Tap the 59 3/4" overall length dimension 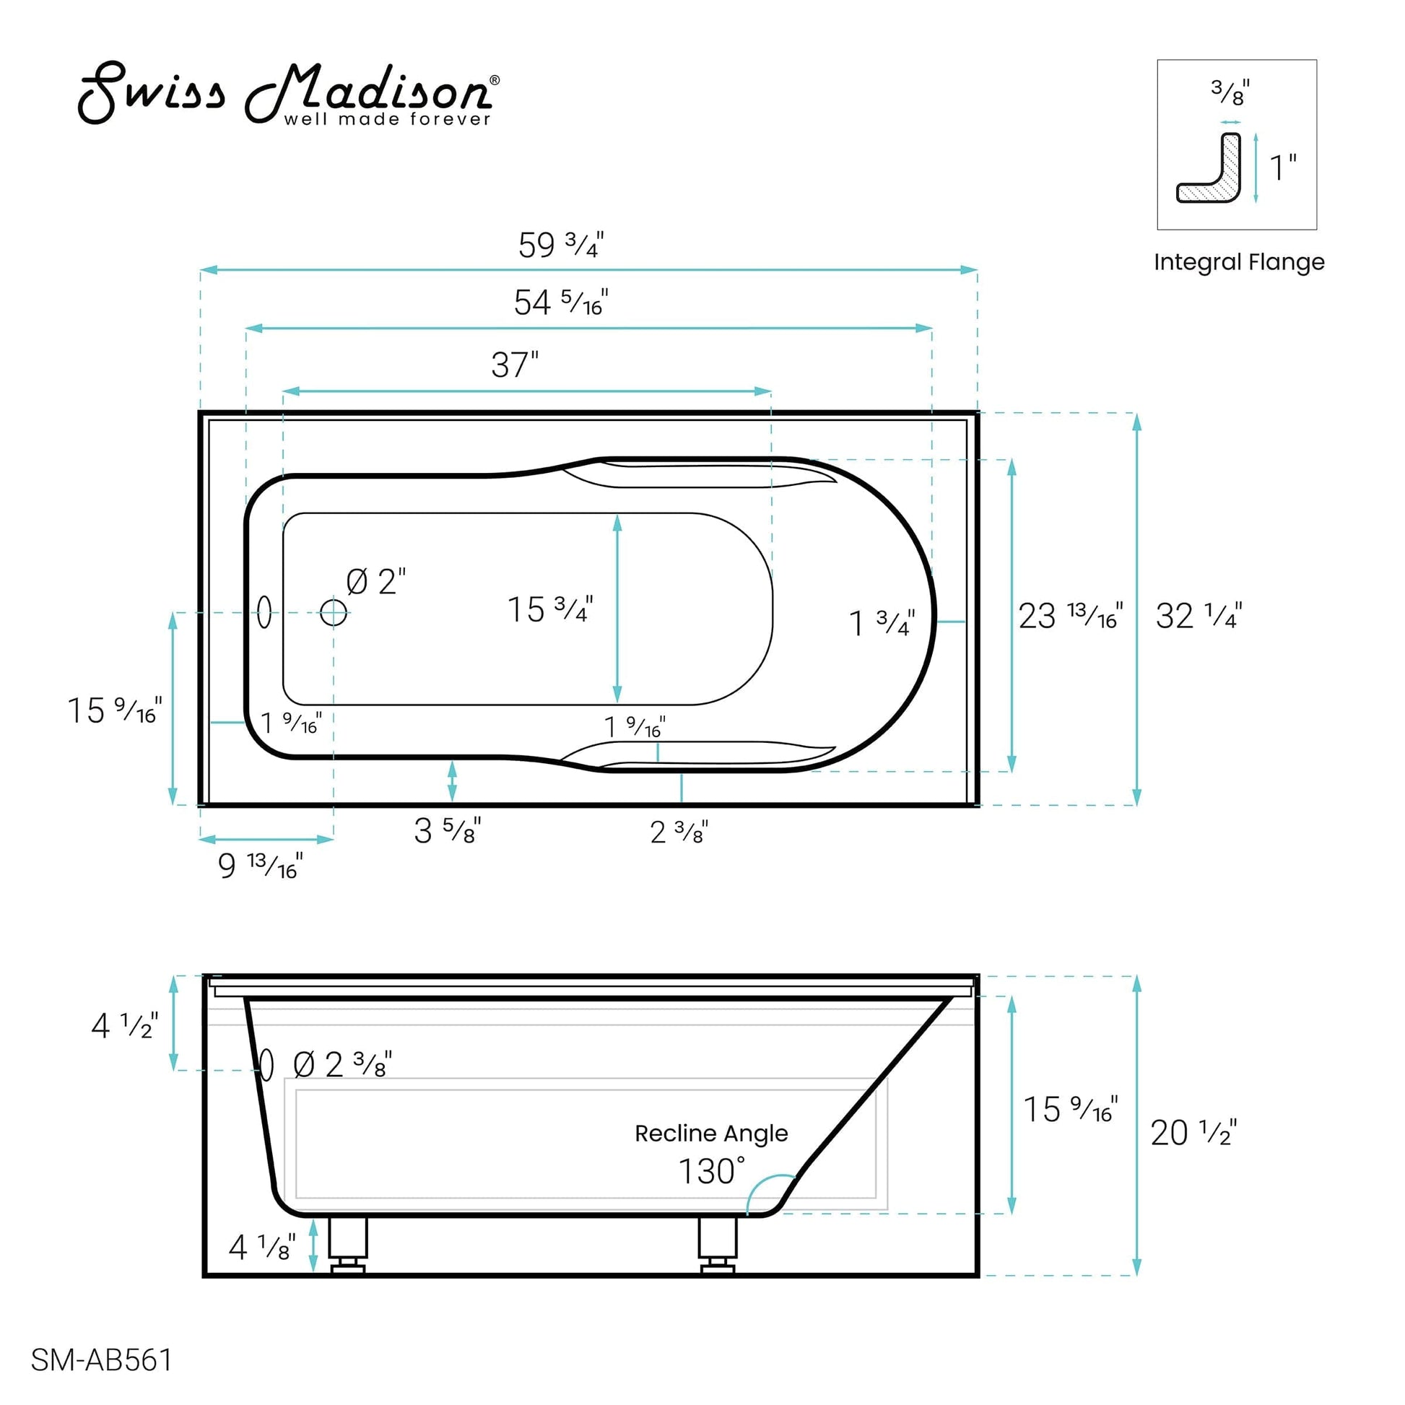tap(561, 245)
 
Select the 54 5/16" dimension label tap(561, 303)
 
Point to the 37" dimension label tap(515, 365)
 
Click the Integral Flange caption tap(1238, 262)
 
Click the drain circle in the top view tap(334, 612)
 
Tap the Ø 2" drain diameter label tap(375, 582)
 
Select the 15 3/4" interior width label tap(549, 609)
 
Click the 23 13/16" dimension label tap(1070, 616)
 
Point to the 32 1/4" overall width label tap(1199, 616)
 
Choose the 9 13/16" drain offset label tap(261, 866)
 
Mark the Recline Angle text tap(710, 1133)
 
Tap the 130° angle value tap(711, 1172)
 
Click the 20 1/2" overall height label tap(1193, 1132)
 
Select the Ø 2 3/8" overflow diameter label tap(342, 1066)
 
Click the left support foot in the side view tap(347, 1245)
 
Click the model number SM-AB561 tap(101, 1360)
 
